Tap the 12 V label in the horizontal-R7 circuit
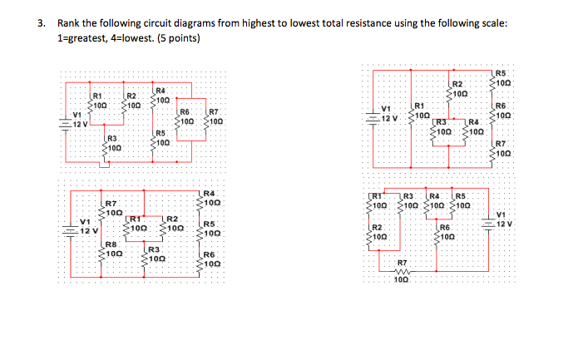[x=504, y=224]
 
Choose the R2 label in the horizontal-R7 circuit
[x=376, y=227]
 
